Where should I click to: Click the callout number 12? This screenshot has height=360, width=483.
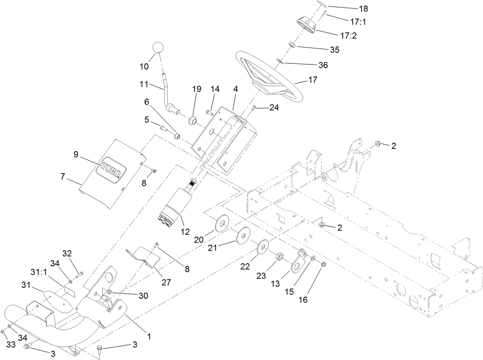click(x=185, y=231)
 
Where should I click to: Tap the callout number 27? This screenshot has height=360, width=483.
click(x=166, y=282)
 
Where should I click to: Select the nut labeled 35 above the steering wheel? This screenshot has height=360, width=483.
click(x=291, y=46)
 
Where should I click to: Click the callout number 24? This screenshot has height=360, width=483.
click(x=274, y=108)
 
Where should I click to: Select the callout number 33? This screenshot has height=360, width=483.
click(x=11, y=344)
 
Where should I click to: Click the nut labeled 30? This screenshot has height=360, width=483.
click(x=109, y=292)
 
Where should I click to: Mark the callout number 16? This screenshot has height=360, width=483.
click(x=303, y=299)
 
